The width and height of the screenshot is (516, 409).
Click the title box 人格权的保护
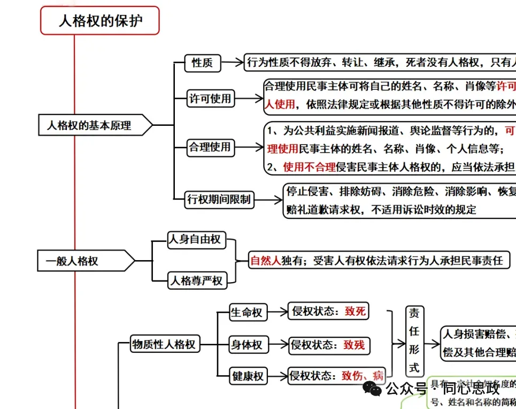(100, 21)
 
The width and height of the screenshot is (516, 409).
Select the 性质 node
(202, 63)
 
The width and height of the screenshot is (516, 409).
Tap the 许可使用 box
(211, 99)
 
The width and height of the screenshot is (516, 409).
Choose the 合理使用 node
(210, 147)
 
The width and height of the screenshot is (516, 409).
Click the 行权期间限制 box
(218, 200)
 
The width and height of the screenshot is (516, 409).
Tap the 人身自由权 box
(195, 239)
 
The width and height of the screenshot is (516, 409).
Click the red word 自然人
(266, 261)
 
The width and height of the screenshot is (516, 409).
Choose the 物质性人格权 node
(165, 344)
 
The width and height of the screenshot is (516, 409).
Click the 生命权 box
(247, 313)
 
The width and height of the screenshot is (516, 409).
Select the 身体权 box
(247, 345)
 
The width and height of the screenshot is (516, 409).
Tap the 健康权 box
(248, 376)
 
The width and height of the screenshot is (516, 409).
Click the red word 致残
(354, 345)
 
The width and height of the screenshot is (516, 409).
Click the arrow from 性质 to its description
(232, 63)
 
